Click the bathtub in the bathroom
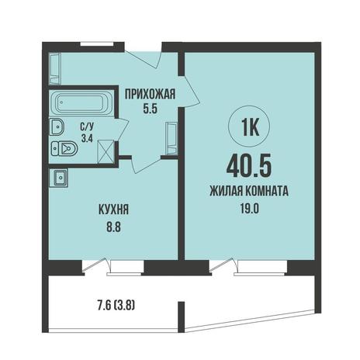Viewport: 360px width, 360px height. (x=81, y=103)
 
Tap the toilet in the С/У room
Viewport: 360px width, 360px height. (x=64, y=148)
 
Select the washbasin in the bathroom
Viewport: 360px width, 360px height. (x=57, y=126)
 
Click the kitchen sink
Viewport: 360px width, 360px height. (x=59, y=178)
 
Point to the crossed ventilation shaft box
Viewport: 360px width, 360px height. (x=106, y=151)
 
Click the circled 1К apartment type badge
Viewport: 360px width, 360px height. (x=249, y=126)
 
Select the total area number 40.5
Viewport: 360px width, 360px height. (x=249, y=166)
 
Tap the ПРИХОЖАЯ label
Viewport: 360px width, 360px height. (x=151, y=94)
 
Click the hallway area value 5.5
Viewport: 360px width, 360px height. (x=151, y=109)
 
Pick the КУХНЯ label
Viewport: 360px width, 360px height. (x=113, y=209)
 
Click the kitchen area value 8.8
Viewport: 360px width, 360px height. (x=114, y=227)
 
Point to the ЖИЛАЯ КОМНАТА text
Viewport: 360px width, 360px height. (x=249, y=192)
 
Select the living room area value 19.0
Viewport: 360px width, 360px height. (x=249, y=209)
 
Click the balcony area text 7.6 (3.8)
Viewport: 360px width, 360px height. (x=116, y=306)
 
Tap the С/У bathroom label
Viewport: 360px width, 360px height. (x=87, y=126)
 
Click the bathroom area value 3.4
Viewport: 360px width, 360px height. (x=87, y=139)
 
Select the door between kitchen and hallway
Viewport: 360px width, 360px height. (x=146, y=164)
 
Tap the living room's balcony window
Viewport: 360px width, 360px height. (x=261, y=268)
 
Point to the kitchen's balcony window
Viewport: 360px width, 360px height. (x=126, y=268)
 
